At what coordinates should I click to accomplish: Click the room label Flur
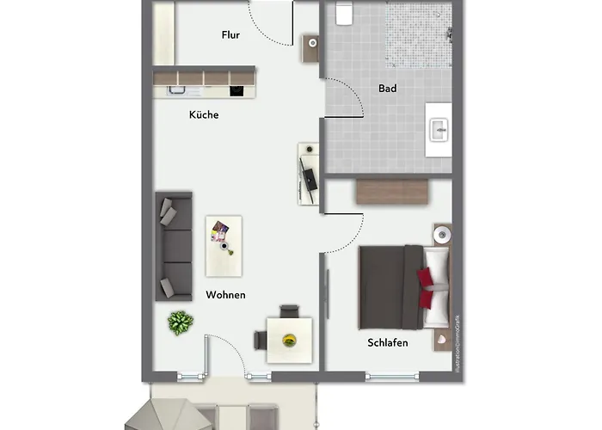pos(230,35)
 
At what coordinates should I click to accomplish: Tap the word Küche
pos(204,114)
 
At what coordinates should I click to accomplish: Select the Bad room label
pos(387,88)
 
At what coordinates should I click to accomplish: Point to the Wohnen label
pos(225,295)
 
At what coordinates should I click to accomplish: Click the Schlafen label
pos(387,342)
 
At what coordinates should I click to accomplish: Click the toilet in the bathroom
pos(345,15)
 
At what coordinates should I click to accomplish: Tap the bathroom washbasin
pos(439,130)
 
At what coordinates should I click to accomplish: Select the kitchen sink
pos(177,89)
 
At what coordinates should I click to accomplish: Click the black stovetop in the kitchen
pos(237,89)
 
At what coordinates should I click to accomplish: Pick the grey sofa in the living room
pos(174,246)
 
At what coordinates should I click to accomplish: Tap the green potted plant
pos(181,322)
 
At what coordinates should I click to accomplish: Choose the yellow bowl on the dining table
pos(289,338)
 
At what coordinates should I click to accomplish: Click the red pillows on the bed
pos(426,287)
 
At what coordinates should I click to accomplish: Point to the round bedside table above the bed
pos(443,234)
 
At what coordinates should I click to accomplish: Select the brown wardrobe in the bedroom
pos(393,190)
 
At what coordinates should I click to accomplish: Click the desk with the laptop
pos(309,173)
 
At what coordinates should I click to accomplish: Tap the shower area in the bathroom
pos(417,34)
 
